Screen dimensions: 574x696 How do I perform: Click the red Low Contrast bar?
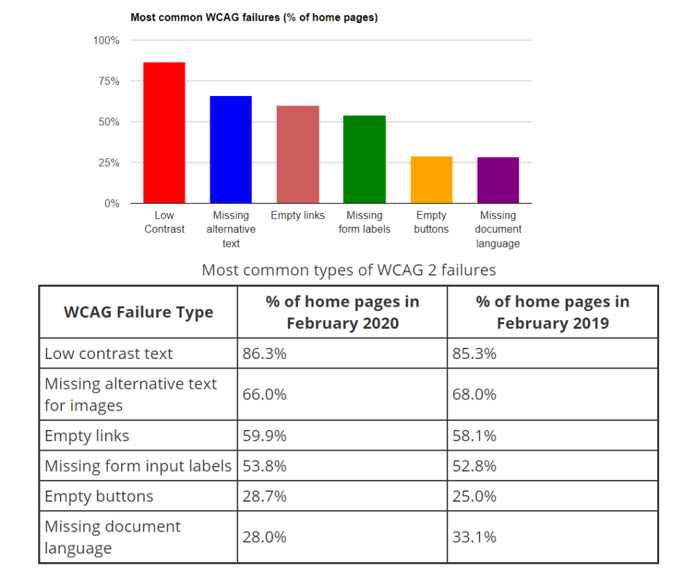click(164, 133)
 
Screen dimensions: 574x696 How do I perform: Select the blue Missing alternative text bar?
click(231, 150)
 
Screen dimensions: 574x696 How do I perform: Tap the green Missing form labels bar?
click(364, 159)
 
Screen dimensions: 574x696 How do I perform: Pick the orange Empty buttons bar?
click(432, 180)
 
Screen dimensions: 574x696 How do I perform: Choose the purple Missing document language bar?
click(498, 180)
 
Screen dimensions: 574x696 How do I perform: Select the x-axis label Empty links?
click(298, 216)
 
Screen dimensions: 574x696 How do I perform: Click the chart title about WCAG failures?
click(254, 18)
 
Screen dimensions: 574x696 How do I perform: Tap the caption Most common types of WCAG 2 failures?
click(349, 270)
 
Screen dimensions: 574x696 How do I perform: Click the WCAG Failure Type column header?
click(139, 312)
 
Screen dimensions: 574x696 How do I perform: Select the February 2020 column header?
click(342, 312)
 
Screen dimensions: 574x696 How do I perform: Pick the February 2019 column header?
click(553, 312)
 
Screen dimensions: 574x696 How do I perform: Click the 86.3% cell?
click(264, 353)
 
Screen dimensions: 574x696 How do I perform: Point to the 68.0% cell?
click(475, 394)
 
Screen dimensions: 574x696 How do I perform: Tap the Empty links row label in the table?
click(87, 436)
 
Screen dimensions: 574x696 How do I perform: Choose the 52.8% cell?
click(475, 466)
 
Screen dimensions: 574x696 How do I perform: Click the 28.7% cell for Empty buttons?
click(264, 497)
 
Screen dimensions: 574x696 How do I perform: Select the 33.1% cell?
click(475, 537)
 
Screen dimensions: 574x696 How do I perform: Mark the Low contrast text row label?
click(109, 353)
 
